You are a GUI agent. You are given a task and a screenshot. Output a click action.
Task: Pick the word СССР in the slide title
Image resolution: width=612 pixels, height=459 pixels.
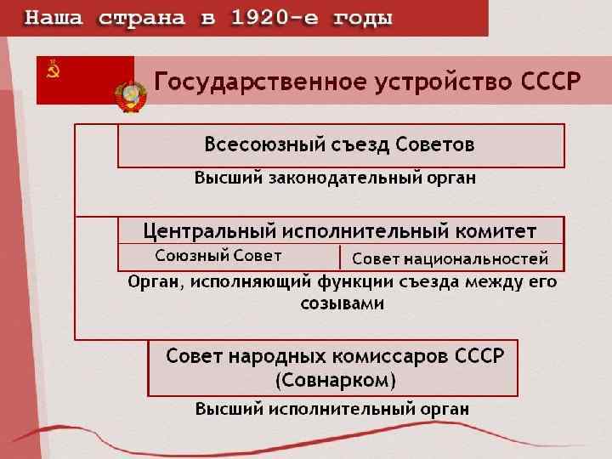coord(550,82)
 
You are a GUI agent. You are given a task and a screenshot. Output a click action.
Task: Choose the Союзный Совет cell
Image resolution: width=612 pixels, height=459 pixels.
coord(218,256)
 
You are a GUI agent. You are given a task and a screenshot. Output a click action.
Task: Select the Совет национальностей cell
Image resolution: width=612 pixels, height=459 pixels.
coord(450,258)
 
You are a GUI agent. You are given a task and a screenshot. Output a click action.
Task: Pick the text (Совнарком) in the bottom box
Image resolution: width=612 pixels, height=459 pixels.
coord(335,379)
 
